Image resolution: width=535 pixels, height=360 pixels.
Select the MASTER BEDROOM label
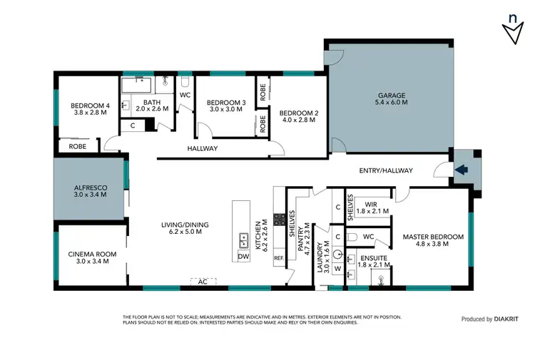[433, 237]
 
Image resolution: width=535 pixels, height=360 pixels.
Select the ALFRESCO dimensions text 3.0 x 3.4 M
[90, 195]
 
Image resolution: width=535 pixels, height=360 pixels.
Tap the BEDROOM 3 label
[226, 103]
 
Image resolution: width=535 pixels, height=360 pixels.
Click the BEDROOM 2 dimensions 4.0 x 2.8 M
[298, 120]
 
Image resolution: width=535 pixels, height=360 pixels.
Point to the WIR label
[370, 204]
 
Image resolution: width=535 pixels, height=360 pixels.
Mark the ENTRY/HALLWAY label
[380, 171]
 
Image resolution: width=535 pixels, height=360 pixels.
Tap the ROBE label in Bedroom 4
[78, 146]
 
